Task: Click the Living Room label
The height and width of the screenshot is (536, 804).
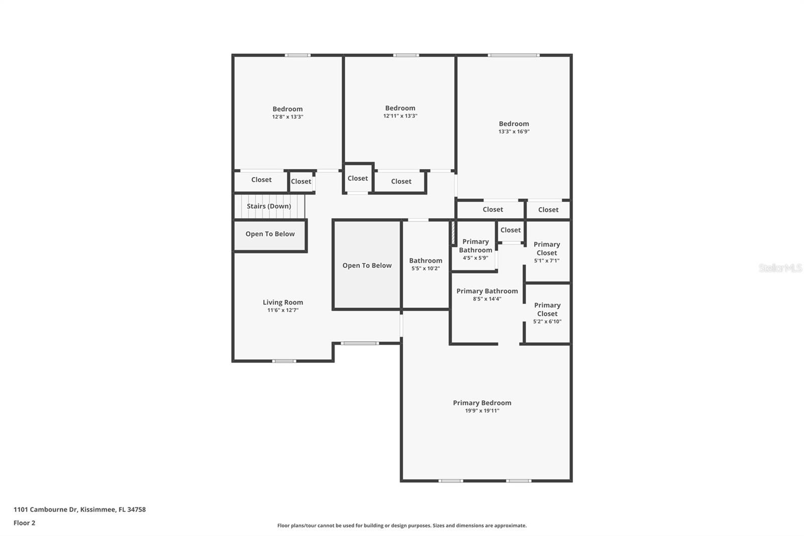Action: click(282, 302)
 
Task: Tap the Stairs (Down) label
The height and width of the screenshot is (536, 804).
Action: click(269, 206)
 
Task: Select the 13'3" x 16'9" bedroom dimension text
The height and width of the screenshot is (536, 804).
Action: click(514, 132)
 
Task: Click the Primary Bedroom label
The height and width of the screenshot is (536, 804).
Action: click(482, 403)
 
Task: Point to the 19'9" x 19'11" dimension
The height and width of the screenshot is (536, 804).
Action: click(482, 411)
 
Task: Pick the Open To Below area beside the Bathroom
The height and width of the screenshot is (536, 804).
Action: click(367, 265)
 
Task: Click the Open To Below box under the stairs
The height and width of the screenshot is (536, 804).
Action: click(270, 234)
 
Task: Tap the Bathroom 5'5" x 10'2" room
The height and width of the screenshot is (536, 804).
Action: click(426, 264)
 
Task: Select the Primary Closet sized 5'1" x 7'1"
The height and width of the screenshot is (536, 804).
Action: click(547, 251)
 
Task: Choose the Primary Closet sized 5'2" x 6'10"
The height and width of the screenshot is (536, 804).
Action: click(547, 313)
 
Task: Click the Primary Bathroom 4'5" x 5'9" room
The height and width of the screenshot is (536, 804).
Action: click(475, 249)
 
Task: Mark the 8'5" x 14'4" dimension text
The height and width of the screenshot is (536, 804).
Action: click(487, 299)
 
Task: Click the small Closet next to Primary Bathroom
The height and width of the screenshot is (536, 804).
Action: click(511, 230)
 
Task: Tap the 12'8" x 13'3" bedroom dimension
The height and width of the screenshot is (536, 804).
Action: click(287, 117)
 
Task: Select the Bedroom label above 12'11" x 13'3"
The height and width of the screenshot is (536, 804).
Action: click(400, 108)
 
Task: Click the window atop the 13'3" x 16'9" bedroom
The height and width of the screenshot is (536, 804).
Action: click(513, 55)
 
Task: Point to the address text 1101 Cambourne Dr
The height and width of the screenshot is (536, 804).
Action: click(79, 509)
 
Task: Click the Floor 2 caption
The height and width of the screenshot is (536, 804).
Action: click(24, 523)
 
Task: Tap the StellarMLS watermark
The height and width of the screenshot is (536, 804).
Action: click(780, 269)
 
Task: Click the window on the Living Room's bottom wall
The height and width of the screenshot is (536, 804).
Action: click(284, 361)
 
